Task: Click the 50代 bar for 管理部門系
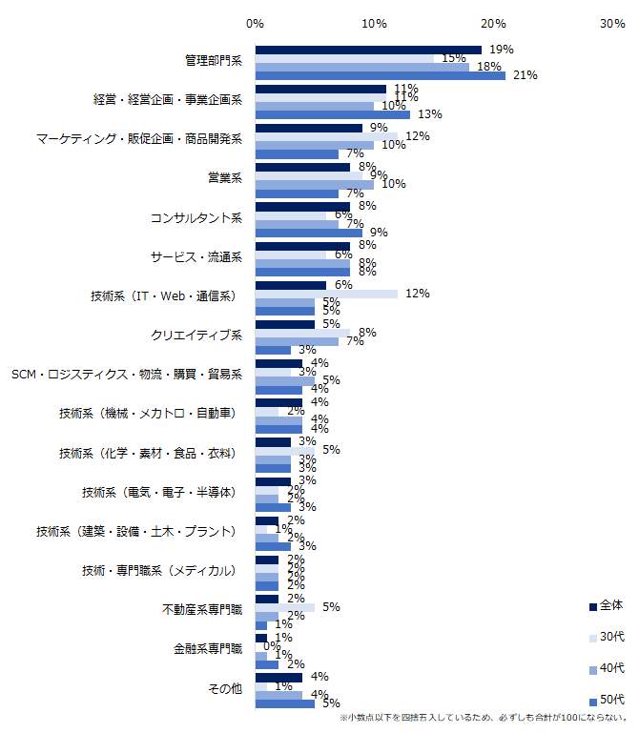[380, 76]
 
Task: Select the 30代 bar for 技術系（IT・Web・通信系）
[326, 294]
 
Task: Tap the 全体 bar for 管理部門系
[368, 50]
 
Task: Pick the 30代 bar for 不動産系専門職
[284, 607]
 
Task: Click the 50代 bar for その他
[284, 703]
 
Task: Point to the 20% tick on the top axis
[493, 23]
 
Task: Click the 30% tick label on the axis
[612, 23]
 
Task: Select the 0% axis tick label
[255, 23]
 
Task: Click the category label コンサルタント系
[196, 218]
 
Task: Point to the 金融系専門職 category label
[208, 648]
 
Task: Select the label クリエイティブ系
[196, 336]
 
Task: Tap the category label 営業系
[225, 178]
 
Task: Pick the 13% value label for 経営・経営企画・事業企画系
[430, 114]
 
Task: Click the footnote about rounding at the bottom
[484, 718]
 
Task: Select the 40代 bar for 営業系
[314, 184]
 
